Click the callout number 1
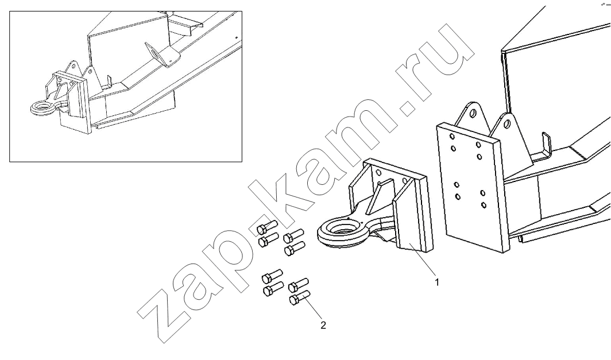437,282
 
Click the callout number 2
323,325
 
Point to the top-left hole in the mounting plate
451,137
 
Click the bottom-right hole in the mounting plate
484,205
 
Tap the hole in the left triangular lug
473,114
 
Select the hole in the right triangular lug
507,124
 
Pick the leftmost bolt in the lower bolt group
272,276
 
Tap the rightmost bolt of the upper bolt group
294,236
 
